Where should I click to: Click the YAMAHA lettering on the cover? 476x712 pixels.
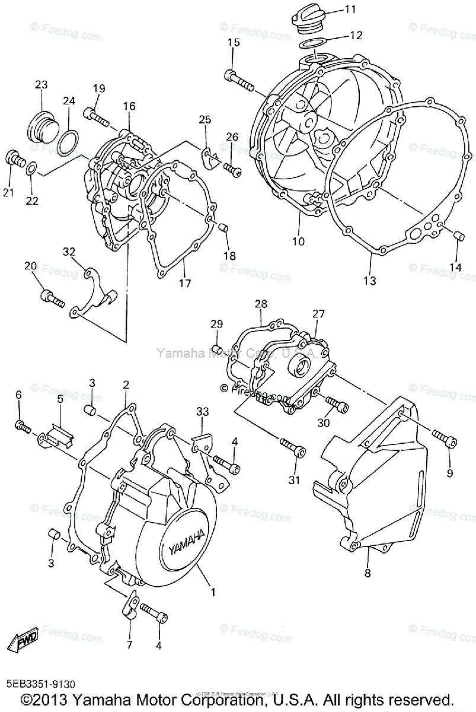[185, 539]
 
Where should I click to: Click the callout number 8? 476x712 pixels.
[368, 573]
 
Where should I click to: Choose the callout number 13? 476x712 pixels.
[370, 281]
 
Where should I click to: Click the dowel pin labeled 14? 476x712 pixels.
[458, 236]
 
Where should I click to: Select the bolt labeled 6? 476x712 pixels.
[23, 425]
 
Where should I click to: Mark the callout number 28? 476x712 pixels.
[261, 304]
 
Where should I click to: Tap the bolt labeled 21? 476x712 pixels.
[14, 159]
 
